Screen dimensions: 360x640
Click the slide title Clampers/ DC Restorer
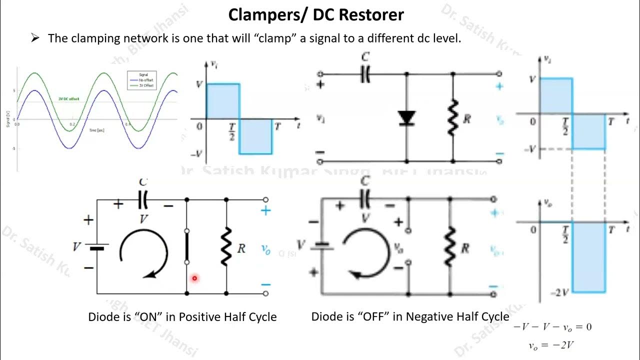(315, 15)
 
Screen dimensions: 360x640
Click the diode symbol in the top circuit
(406, 118)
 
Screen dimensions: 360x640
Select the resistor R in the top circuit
(453, 118)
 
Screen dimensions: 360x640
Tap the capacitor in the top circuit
(365, 74)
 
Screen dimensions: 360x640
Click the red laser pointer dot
(194, 278)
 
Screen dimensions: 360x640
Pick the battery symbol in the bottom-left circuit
(97, 247)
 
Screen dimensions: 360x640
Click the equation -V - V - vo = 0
(552, 327)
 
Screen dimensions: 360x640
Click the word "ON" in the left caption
(153, 317)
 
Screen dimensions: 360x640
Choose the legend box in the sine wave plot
(142, 80)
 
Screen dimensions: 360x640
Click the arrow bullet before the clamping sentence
(35, 38)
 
